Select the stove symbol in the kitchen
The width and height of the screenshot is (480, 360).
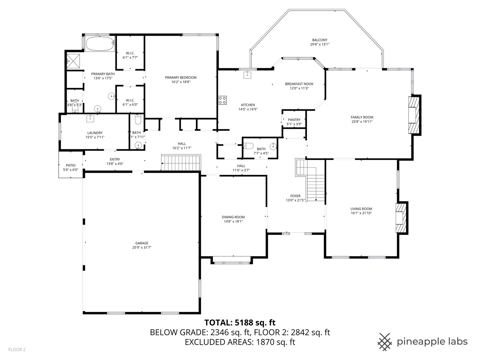point(223,100)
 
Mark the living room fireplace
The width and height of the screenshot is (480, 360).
point(401,218)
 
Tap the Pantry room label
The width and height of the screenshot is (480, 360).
point(294,120)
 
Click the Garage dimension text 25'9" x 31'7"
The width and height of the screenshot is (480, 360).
point(142,247)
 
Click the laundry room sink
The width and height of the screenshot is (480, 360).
point(90,118)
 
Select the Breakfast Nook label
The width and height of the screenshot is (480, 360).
point(299,84)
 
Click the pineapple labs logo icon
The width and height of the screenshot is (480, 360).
point(385,342)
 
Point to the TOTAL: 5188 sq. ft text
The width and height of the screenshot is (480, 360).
point(240,322)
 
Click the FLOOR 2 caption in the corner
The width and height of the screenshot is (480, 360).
point(17,350)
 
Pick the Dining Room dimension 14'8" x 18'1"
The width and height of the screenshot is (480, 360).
point(233,221)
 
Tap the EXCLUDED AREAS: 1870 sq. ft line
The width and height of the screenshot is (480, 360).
point(240,342)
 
